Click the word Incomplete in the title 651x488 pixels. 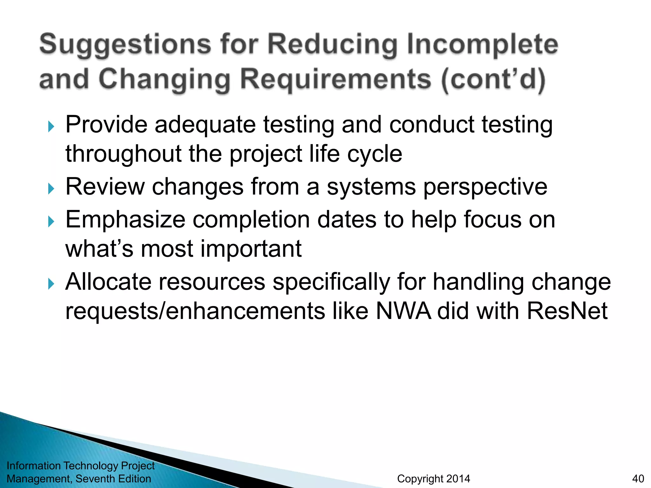pyautogui.click(x=482, y=44)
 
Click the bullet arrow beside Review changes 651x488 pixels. pyautogui.click(x=51, y=189)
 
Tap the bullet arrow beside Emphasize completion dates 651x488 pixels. pyautogui.click(x=51, y=221)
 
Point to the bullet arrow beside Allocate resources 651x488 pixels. pyautogui.click(x=51, y=283)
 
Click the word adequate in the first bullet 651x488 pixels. pyautogui.click(x=205, y=125)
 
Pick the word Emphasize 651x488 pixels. pyautogui.click(x=125, y=220)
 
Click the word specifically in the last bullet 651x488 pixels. pyautogui.click(x=331, y=282)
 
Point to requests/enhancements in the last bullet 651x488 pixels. pyautogui.click(x=195, y=311)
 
